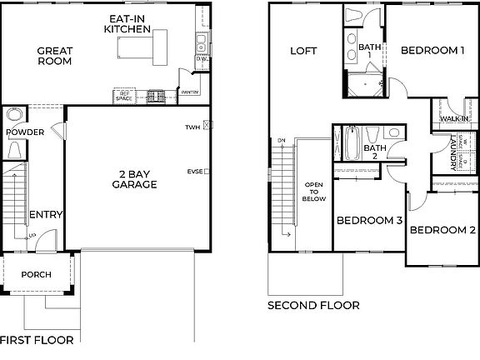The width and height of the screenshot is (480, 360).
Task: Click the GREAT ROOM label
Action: (x=54, y=56)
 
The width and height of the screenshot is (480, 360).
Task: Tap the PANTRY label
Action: (x=189, y=92)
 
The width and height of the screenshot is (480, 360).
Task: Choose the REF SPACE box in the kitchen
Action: (x=124, y=97)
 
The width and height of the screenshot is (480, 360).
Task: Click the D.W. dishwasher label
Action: (x=201, y=60)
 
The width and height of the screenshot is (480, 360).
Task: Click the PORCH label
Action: (x=36, y=274)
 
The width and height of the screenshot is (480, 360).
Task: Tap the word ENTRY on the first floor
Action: (x=46, y=215)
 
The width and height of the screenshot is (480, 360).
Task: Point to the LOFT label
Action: (x=303, y=51)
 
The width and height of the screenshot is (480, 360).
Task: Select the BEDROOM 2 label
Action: (x=442, y=230)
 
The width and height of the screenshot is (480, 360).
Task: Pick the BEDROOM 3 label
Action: (x=370, y=221)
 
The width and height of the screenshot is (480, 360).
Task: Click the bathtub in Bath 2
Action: (x=352, y=143)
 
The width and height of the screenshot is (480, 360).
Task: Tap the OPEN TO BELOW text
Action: (x=313, y=193)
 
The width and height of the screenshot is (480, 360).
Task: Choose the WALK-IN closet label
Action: (x=447, y=119)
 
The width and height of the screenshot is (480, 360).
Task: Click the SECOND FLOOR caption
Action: (x=313, y=306)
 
